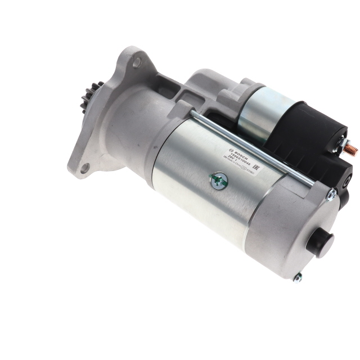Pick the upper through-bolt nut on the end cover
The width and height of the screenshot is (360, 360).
click(332, 195)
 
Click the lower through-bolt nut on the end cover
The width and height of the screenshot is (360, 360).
click(298, 276)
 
